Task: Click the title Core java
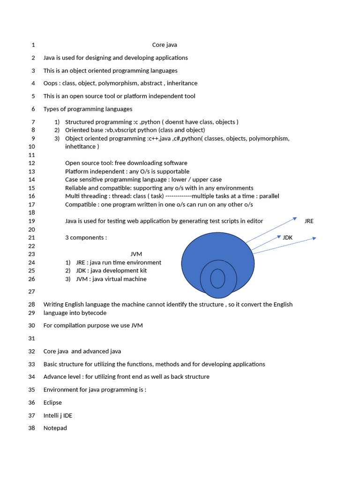pos(165,45)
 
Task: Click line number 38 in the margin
pos(32,428)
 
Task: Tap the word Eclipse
pos(52,403)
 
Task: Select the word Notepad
pos(55,428)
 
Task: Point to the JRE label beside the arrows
pos(309,221)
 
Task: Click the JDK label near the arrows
pos(288,238)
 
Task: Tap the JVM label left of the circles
pos(136,254)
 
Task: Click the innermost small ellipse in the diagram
pos(217,278)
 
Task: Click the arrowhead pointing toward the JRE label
pos(295,218)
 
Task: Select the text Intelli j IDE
pos(58,415)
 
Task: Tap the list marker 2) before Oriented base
pos(57,130)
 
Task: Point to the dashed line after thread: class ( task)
pos(179,196)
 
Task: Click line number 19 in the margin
pos(32,221)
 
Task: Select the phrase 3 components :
pos(86,238)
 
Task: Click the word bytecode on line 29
pos(94,313)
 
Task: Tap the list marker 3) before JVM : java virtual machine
pos(68,279)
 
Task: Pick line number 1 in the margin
pos(33,45)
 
